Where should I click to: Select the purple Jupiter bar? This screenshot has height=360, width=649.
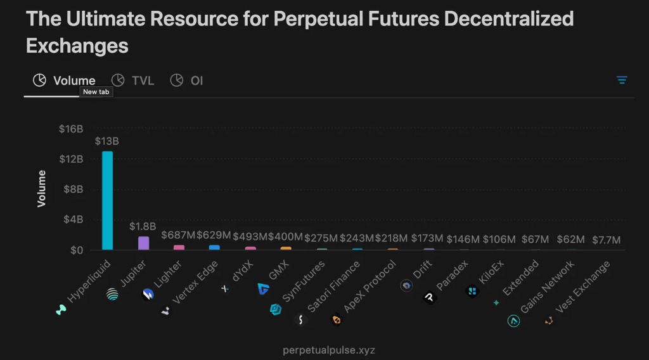[x=143, y=243]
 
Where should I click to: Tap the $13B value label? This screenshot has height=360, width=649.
[x=107, y=141]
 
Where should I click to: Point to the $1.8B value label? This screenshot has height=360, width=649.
[x=143, y=226]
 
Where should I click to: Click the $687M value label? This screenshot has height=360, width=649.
[x=178, y=236]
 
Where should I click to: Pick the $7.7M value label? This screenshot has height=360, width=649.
[x=606, y=240]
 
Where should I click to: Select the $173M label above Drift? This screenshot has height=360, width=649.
[x=427, y=238]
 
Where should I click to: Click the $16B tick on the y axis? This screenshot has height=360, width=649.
[x=71, y=129]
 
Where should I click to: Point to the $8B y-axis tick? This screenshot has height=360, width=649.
[x=74, y=189]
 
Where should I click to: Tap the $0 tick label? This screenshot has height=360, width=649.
[x=76, y=250]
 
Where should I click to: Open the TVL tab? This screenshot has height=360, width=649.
[x=133, y=80]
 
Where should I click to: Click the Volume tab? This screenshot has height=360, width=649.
[x=64, y=80]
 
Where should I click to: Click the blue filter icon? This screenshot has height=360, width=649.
[x=622, y=80]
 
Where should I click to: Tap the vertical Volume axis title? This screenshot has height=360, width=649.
[x=42, y=188]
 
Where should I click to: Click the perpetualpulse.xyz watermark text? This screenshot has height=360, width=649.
[x=324, y=349]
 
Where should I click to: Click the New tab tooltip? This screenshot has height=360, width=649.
[x=96, y=92]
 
